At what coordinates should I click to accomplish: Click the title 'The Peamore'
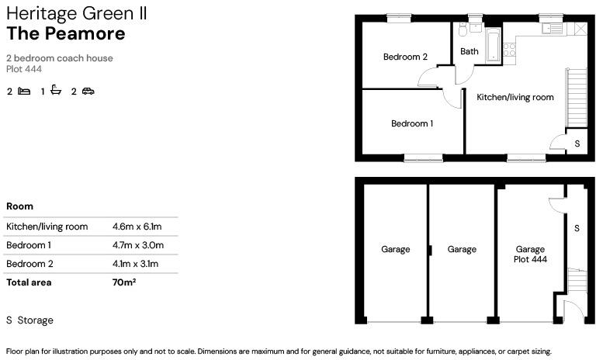pyautogui.click(x=65, y=34)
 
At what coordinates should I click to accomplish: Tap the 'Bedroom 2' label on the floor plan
pyautogui.click(x=405, y=57)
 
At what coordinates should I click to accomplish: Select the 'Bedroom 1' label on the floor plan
pyautogui.click(x=411, y=123)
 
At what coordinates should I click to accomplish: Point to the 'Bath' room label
pyautogui.click(x=470, y=52)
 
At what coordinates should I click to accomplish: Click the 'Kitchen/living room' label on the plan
pyautogui.click(x=515, y=97)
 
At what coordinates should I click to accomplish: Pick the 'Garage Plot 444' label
pyautogui.click(x=532, y=254)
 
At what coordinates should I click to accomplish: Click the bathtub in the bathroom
pyautogui.click(x=494, y=46)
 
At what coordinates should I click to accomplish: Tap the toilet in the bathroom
pyautogui.click(x=462, y=29)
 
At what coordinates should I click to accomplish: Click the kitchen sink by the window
pyautogui.click(x=552, y=29)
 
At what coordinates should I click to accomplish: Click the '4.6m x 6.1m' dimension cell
pyautogui.click(x=137, y=227)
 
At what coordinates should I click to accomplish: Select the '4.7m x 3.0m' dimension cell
pyautogui.click(x=137, y=245)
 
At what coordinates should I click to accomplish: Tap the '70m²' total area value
pyautogui.click(x=124, y=282)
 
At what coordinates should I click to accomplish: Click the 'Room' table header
pyautogui.click(x=19, y=206)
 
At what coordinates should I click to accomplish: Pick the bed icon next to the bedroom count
pyautogui.click(x=25, y=92)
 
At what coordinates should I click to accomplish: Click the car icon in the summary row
pyautogui.click(x=88, y=92)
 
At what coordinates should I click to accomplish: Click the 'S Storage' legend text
pyautogui.click(x=29, y=320)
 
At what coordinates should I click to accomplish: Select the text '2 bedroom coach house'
pyautogui.click(x=59, y=58)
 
